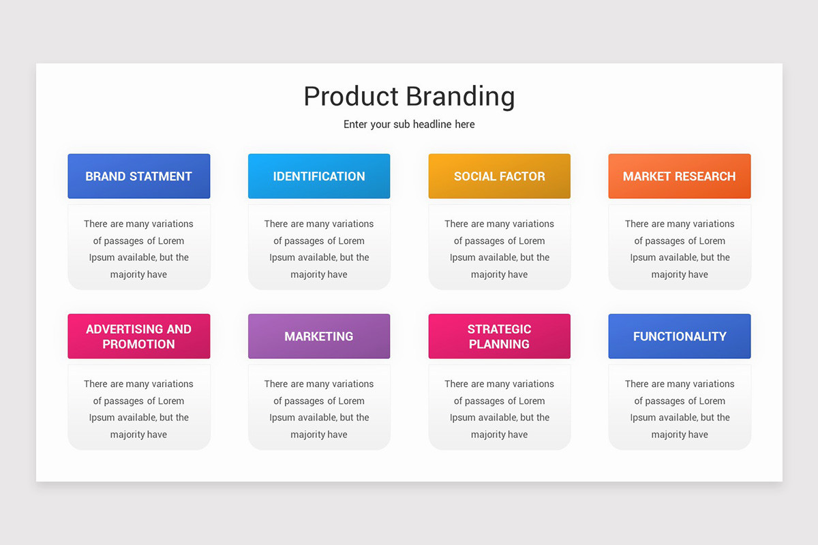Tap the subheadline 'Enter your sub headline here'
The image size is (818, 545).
(x=409, y=124)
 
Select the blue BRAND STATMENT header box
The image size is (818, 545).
(x=138, y=176)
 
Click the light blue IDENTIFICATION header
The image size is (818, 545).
(x=319, y=176)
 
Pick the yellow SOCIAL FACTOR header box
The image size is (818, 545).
(x=499, y=176)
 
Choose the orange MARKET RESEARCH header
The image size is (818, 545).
(x=679, y=176)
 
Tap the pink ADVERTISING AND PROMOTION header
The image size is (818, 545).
(x=138, y=336)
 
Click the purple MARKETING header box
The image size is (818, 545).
(x=319, y=336)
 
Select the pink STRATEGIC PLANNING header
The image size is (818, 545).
(x=499, y=336)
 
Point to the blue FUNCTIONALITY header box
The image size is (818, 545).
(x=679, y=336)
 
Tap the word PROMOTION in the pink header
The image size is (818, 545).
(x=138, y=344)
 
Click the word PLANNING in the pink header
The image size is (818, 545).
(x=499, y=344)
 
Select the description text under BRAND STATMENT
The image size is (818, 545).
(x=138, y=249)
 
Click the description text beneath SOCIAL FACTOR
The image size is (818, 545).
(x=499, y=249)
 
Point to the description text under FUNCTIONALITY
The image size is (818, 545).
(x=679, y=409)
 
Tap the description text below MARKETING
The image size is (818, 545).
(x=319, y=409)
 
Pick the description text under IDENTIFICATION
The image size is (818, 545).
(x=319, y=249)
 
